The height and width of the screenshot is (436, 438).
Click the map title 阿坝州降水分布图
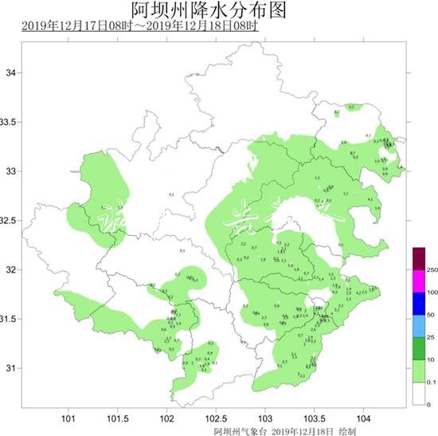(218, 10)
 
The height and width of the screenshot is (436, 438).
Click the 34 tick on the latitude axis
(11, 73)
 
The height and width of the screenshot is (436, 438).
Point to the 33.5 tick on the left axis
(8, 122)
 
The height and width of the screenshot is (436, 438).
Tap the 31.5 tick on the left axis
(8, 319)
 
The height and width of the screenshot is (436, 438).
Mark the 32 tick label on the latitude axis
(11, 270)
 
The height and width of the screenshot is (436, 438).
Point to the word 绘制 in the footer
(347, 430)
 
